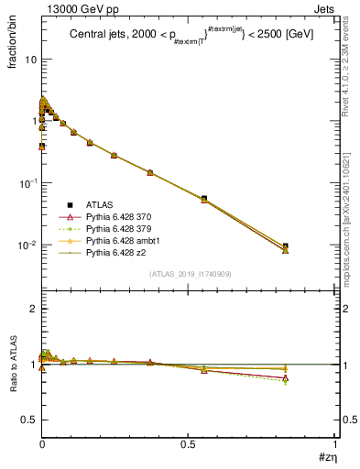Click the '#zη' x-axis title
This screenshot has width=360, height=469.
tap(324, 455)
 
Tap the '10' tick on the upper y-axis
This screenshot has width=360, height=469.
tap(28, 60)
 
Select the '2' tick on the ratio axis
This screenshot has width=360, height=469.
tap(32, 309)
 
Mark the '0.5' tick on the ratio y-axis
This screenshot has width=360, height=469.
tap(27, 420)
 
